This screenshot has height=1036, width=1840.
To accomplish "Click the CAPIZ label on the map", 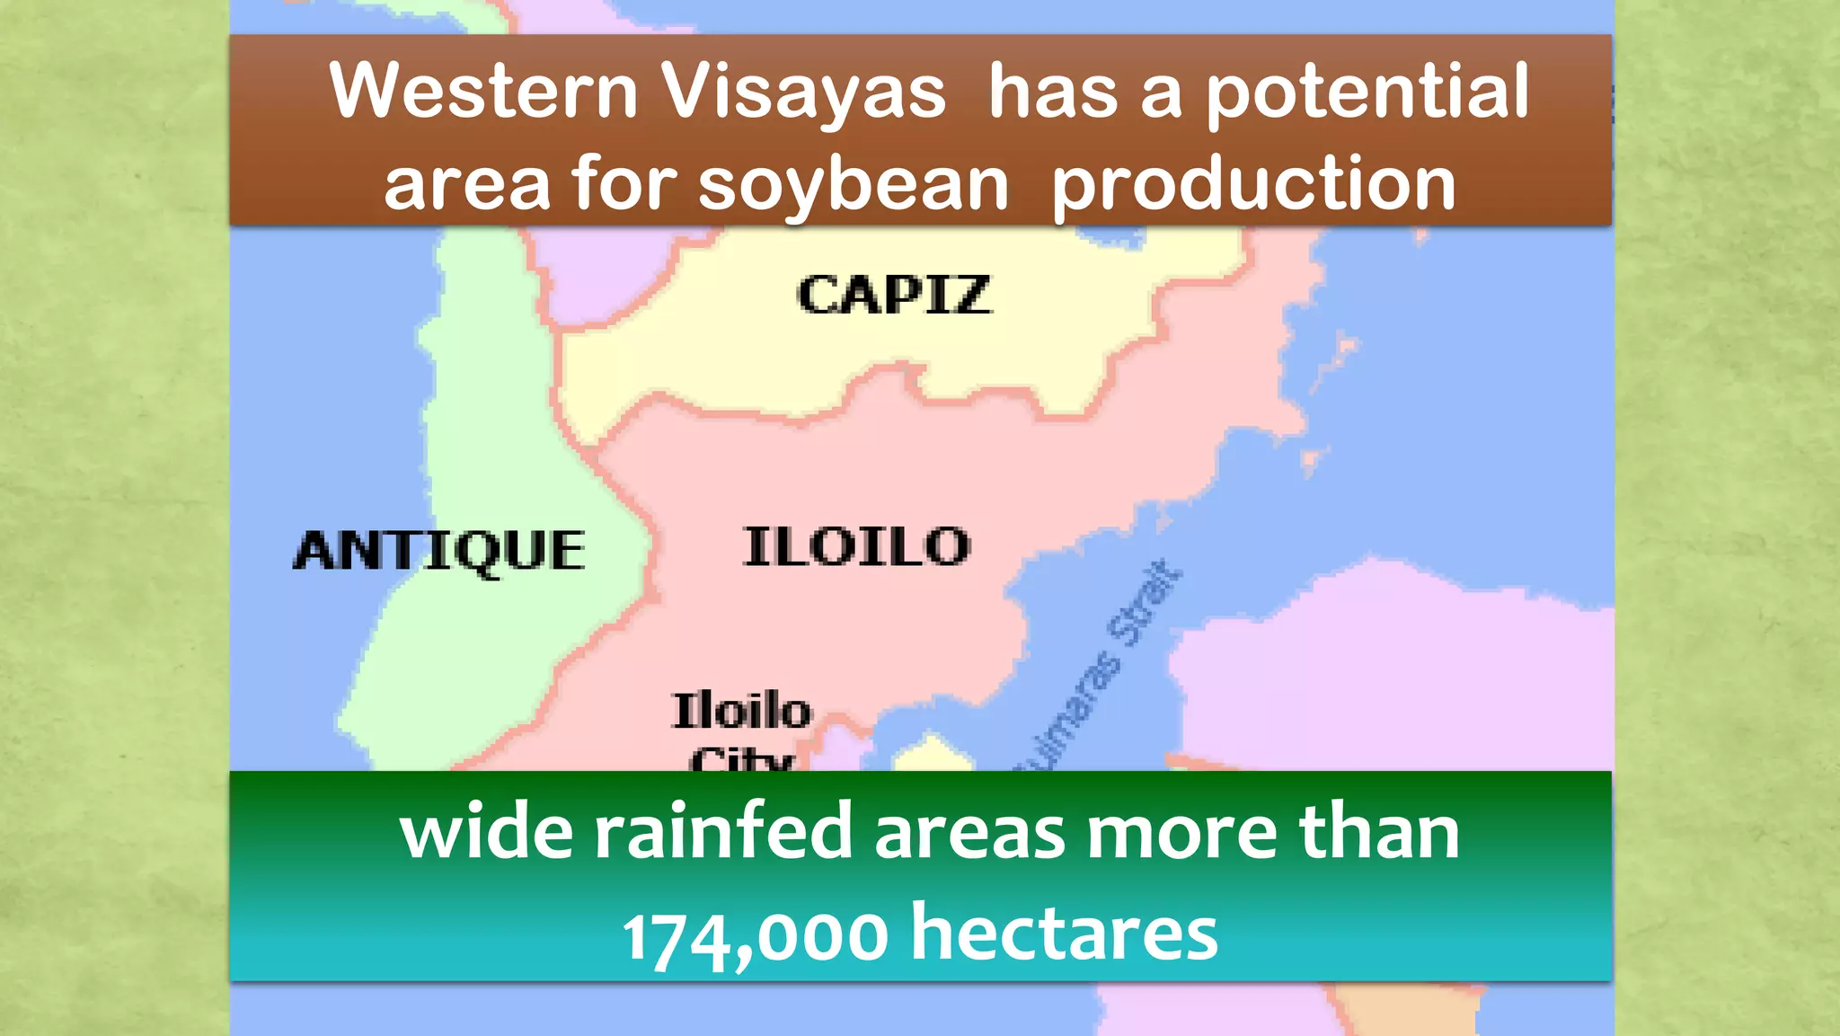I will click(894, 295).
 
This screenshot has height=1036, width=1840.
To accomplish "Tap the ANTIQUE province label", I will click(439, 550).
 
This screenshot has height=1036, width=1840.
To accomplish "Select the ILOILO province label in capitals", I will click(857, 546).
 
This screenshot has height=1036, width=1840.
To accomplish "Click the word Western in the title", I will click(483, 91).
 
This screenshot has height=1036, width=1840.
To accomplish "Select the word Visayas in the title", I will click(803, 93).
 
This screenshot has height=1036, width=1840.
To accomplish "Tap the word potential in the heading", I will click(1367, 93).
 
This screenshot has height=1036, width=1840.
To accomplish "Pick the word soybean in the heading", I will click(854, 185).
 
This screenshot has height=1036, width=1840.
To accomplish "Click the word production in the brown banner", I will click(1253, 185).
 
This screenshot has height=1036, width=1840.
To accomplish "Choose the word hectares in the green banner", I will click(1065, 933).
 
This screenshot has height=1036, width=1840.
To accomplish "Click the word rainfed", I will click(722, 832).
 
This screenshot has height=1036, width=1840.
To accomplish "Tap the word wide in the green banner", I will click(486, 832).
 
